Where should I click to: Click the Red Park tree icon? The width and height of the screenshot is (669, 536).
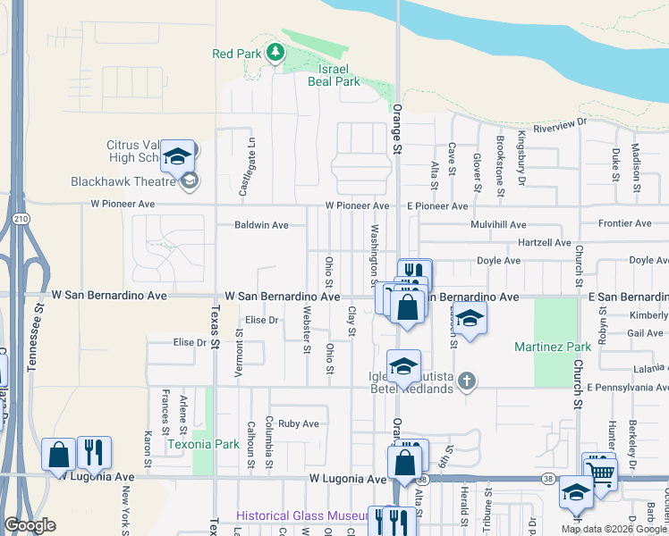click(275, 54)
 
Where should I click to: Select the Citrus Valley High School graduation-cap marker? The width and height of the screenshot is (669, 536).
click(178, 157)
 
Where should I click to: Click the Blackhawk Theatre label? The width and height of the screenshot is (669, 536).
click(125, 181)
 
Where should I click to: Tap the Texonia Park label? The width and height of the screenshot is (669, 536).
click(203, 443)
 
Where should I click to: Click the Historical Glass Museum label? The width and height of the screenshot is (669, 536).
click(302, 515)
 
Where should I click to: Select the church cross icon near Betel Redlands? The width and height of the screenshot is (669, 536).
click(465, 381)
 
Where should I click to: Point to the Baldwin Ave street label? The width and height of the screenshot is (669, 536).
click(261, 225)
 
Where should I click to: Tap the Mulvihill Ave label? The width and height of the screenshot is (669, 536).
click(494, 225)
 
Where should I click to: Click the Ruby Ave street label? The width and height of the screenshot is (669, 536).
click(298, 423)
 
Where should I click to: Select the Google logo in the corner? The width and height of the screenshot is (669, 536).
click(30, 526)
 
